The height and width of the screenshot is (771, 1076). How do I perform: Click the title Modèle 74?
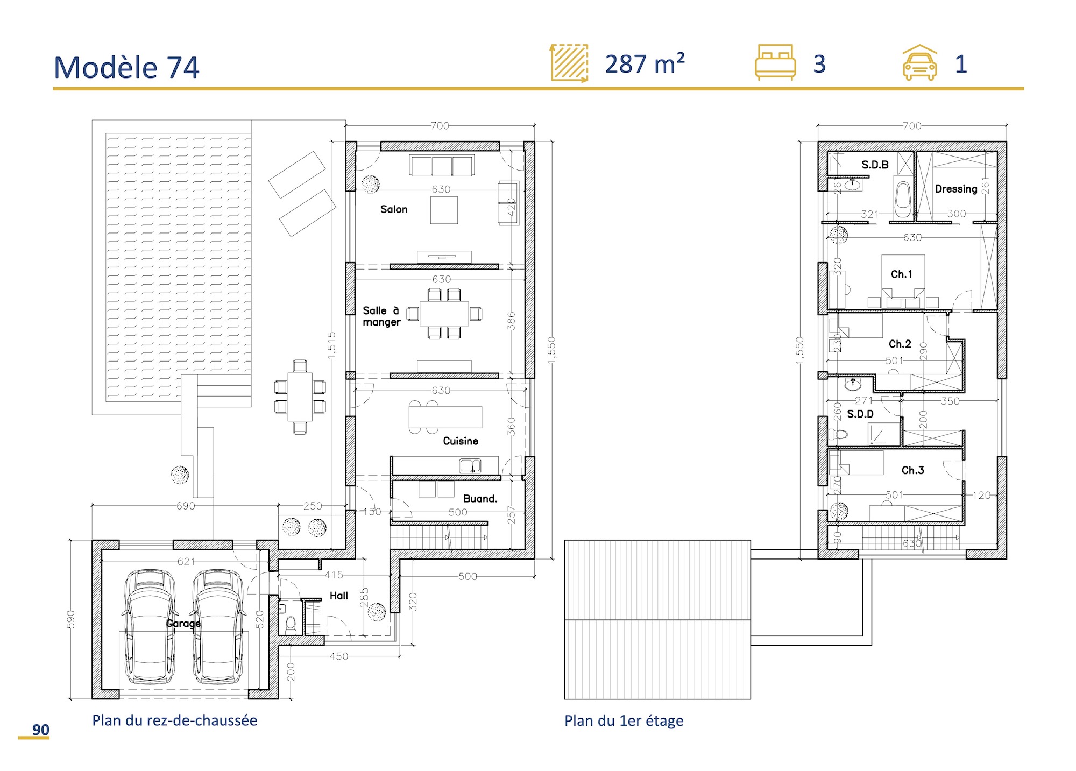click(x=126, y=68)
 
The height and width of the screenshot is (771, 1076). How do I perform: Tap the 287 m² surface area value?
click(x=645, y=65)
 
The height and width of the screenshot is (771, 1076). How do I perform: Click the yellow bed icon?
click(x=775, y=62)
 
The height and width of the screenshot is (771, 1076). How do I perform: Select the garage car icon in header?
click(x=919, y=63)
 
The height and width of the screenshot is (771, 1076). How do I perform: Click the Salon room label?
click(x=393, y=209)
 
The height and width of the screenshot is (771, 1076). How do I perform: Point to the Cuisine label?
click(x=460, y=441)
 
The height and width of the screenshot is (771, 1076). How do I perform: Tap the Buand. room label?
click(x=480, y=499)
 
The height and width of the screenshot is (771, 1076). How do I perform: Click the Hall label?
click(x=338, y=596)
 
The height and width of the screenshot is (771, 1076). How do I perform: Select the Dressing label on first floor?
click(x=956, y=189)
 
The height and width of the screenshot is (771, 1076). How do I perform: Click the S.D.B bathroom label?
click(x=875, y=165)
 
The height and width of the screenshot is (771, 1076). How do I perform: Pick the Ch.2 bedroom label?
click(x=900, y=344)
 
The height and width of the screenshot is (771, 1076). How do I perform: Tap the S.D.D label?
click(x=860, y=414)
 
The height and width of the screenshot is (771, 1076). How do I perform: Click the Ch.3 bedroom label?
click(x=912, y=470)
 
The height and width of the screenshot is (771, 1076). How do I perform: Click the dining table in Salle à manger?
click(x=444, y=314)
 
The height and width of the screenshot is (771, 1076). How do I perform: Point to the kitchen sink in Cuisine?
click(x=470, y=465)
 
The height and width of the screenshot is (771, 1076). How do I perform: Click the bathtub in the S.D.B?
click(x=903, y=199)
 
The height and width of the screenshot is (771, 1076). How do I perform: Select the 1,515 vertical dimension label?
click(x=331, y=345)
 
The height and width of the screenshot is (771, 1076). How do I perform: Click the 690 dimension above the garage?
click(x=186, y=506)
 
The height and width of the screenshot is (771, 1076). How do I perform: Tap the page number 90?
click(x=40, y=730)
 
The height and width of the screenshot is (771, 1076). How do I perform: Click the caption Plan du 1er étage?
click(x=624, y=720)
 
